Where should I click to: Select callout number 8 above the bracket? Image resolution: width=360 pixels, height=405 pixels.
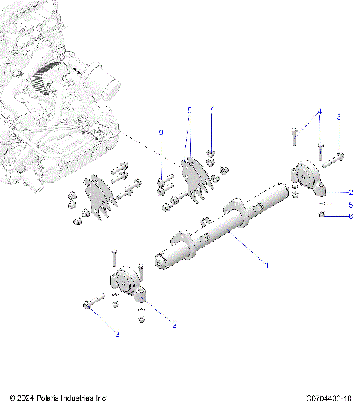tap(189, 110)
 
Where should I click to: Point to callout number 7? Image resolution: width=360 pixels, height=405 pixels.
tap(211, 109)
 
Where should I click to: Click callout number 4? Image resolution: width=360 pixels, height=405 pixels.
tap(319, 112)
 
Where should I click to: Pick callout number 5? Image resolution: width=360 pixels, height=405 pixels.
tap(350, 204)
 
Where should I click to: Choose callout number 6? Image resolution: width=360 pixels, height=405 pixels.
tap(350, 217)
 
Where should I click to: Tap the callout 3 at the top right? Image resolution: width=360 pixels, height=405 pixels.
tap(338, 118)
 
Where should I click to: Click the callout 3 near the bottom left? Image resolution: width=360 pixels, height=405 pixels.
tap(116, 333)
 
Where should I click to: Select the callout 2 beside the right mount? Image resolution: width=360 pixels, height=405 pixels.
tap(350, 192)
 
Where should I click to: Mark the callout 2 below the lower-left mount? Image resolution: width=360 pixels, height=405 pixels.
tap(174, 325)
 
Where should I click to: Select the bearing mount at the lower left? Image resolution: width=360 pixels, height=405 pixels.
tap(127, 284)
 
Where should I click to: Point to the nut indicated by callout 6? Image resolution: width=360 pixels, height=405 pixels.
tap(322, 215)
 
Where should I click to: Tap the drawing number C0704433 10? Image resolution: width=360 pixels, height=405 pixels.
tap(329, 397)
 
